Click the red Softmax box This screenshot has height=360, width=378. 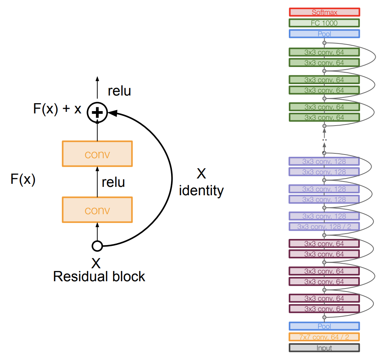point(324,12)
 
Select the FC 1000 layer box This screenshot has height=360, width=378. point(324,23)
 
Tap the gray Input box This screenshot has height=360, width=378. point(324,348)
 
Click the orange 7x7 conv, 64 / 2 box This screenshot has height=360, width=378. point(324,337)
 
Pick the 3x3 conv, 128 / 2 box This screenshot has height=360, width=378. point(324,226)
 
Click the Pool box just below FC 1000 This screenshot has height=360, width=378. point(324,34)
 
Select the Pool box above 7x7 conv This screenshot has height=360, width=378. point(324,326)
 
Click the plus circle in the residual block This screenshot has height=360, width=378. point(97,112)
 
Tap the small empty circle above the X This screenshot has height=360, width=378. point(97,246)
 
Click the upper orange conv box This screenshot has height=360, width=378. point(97,154)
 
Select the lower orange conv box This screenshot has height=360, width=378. point(97,210)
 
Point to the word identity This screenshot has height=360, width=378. point(201,190)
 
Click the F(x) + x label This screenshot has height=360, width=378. point(57,109)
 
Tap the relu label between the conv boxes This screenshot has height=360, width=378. point(113,182)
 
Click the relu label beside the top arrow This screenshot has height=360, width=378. point(119,91)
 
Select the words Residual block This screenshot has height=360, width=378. point(99,276)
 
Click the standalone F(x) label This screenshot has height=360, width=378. point(23,179)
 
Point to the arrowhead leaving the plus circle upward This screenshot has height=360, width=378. point(97,79)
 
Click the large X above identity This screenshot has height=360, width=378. point(201,174)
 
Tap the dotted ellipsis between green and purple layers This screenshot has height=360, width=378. point(324,140)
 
